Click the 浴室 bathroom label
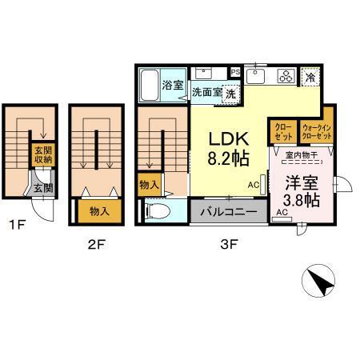pyautogui.click(x=172, y=83)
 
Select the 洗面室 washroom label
pyautogui.click(x=206, y=92)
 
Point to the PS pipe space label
pyautogui.click(x=235, y=72)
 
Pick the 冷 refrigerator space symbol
pyautogui.click(x=310, y=78)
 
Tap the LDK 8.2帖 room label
pyautogui.click(x=227, y=147)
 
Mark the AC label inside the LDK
pyautogui.click(x=253, y=184)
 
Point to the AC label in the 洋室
pyautogui.click(x=282, y=213)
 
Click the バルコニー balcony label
pyautogui.click(x=229, y=212)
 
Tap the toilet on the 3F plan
pyautogui.click(x=157, y=213)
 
